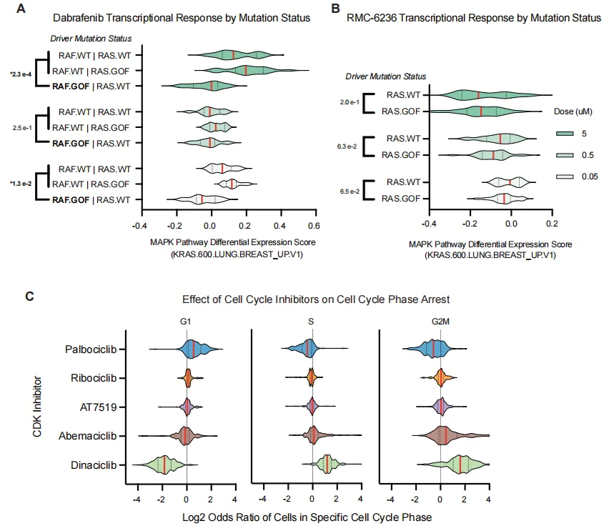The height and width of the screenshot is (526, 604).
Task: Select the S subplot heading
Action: pyautogui.click(x=310, y=322)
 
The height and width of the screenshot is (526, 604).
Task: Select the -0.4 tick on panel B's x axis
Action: pyautogui.click(x=429, y=223)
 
